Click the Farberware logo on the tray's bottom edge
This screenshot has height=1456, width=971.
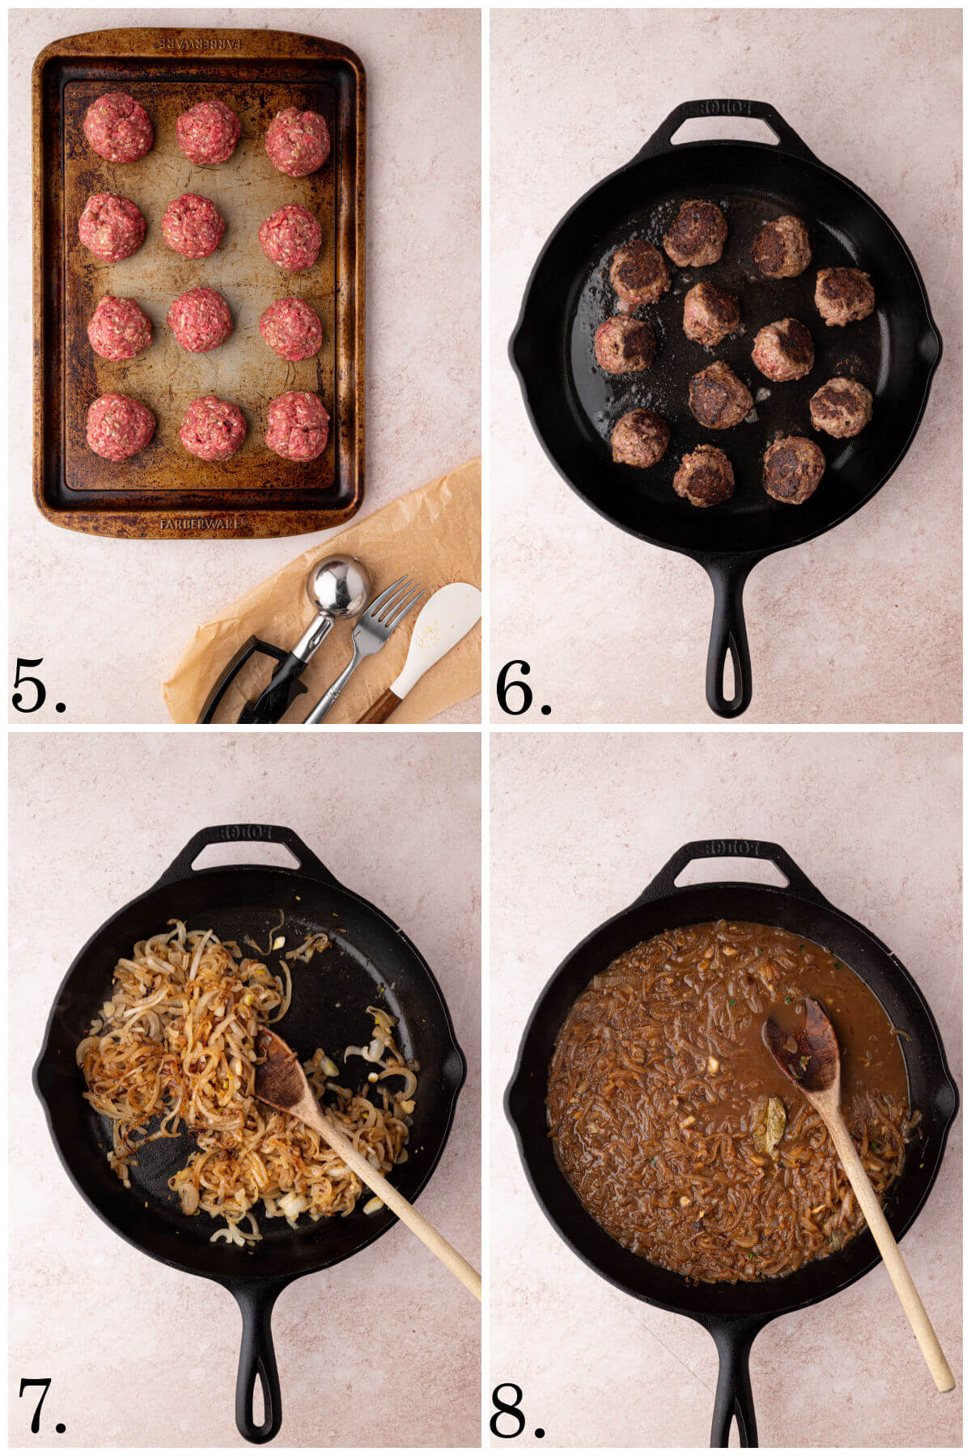click(200, 524)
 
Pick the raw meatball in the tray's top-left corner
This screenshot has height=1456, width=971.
click(118, 127)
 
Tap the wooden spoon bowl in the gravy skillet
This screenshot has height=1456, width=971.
click(801, 1044)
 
